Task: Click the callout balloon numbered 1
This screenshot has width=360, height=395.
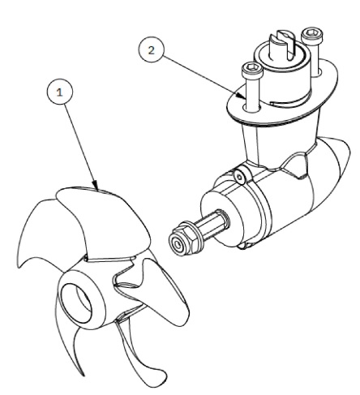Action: click(60, 92)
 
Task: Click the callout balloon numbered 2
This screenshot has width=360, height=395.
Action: click(152, 49)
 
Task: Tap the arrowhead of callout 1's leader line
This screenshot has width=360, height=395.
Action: click(96, 185)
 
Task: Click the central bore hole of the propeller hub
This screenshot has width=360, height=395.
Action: click(76, 303)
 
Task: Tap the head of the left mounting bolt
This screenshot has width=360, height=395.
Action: click(252, 70)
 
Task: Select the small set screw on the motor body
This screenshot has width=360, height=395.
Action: click(240, 177)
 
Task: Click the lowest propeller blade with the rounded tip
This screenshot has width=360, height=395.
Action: click(140, 351)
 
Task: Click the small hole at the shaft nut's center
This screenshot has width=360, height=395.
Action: click(178, 245)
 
